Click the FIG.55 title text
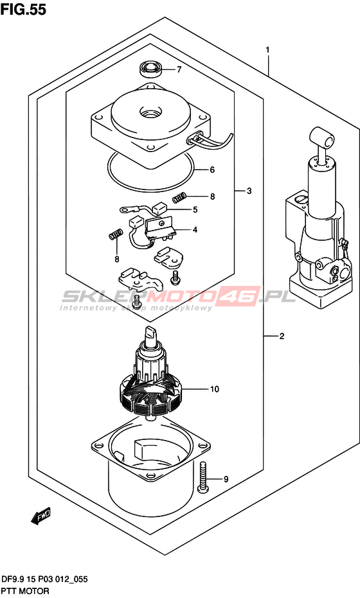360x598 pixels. (23, 9)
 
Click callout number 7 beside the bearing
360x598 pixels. (179, 69)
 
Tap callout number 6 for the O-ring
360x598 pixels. (212, 170)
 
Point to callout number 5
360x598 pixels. (195, 209)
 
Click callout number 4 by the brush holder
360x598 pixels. (195, 229)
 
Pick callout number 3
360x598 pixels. (249, 191)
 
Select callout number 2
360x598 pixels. (282, 336)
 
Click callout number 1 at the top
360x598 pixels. (268, 50)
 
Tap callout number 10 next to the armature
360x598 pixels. (215, 389)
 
